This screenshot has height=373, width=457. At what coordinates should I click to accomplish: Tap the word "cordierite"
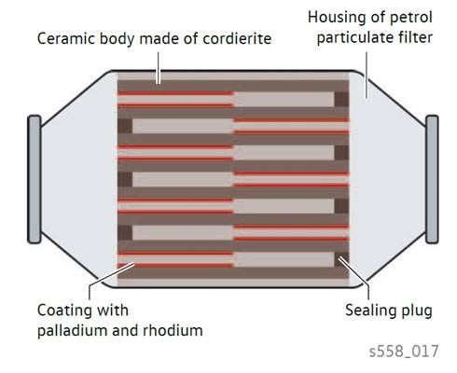click(237, 38)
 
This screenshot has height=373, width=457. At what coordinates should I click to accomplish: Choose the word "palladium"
click(73, 330)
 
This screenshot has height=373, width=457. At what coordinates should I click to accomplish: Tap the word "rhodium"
click(173, 330)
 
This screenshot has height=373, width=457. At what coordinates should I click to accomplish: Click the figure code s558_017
click(404, 352)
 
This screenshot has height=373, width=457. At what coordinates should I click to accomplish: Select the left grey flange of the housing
click(35, 179)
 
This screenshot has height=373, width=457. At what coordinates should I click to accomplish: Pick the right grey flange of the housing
click(432, 179)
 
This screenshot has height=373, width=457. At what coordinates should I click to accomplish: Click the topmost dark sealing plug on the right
click(341, 100)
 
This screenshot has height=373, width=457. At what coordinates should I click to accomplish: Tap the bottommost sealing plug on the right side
click(341, 260)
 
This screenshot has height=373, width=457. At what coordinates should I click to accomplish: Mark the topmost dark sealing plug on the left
click(125, 126)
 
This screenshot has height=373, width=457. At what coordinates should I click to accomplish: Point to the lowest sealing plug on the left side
click(125, 233)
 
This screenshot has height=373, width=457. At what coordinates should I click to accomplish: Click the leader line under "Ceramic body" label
click(159, 68)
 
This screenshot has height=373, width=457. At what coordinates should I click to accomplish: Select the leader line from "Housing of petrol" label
click(367, 75)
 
